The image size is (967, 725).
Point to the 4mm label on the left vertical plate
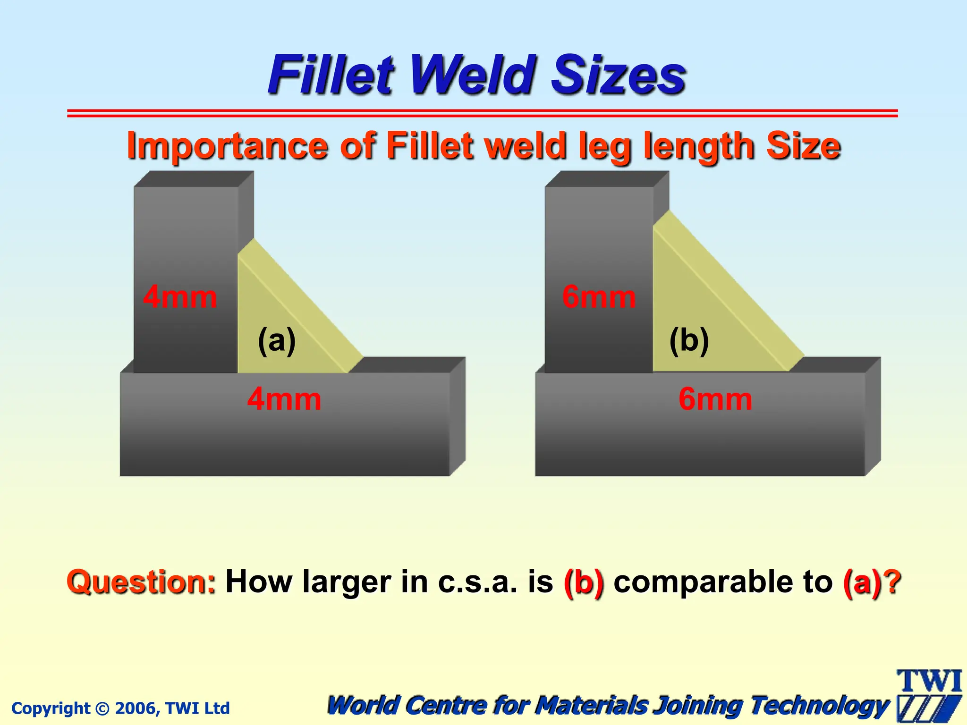pos(180,297)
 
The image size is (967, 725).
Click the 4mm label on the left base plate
pos(284,399)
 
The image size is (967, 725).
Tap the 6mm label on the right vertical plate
pos(599,297)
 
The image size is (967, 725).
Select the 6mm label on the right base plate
pos(715,399)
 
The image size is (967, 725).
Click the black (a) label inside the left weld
pos(277,340)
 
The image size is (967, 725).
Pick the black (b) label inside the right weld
pos(689,340)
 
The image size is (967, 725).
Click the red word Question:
pos(141,582)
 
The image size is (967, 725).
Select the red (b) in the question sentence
pos(584,582)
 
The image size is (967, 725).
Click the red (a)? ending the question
pos(872,582)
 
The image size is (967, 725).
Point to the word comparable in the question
pos(723,582)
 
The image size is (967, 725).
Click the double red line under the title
pos(482,113)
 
